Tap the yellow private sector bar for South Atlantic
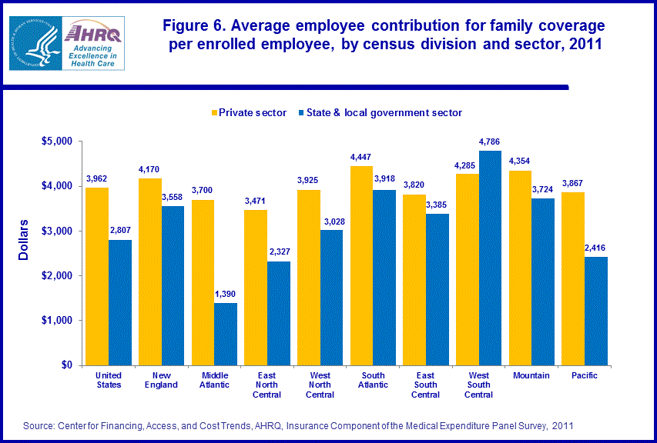click(362, 265)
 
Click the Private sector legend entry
click(249, 113)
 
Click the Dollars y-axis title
click(24, 240)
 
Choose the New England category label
click(162, 380)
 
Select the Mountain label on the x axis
click(531, 375)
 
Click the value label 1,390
click(226, 295)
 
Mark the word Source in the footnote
click(40, 425)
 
